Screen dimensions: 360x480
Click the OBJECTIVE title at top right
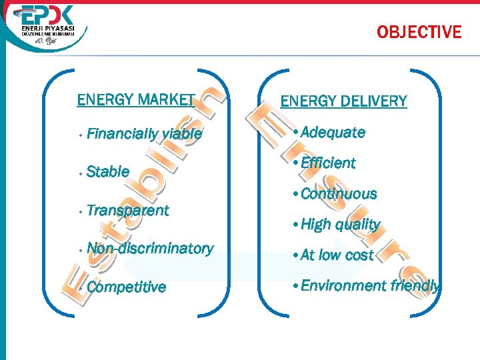(419, 31)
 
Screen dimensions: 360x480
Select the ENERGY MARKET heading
(135, 100)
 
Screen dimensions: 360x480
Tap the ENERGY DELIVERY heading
(343, 101)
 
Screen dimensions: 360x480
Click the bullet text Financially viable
(144, 133)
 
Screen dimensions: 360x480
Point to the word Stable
(108, 171)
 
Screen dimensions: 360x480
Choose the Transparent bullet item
(127, 210)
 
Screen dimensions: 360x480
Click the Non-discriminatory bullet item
(150, 248)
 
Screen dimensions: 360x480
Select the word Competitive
(126, 287)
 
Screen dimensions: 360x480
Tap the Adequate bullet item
(333, 132)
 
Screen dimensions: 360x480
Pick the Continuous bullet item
(339, 194)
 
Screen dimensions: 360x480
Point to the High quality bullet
(340, 224)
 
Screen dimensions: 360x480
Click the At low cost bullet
(337, 255)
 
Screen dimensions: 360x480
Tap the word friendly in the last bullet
(415, 285)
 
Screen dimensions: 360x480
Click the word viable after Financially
(181, 133)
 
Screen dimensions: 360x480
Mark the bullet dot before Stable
(79, 173)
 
